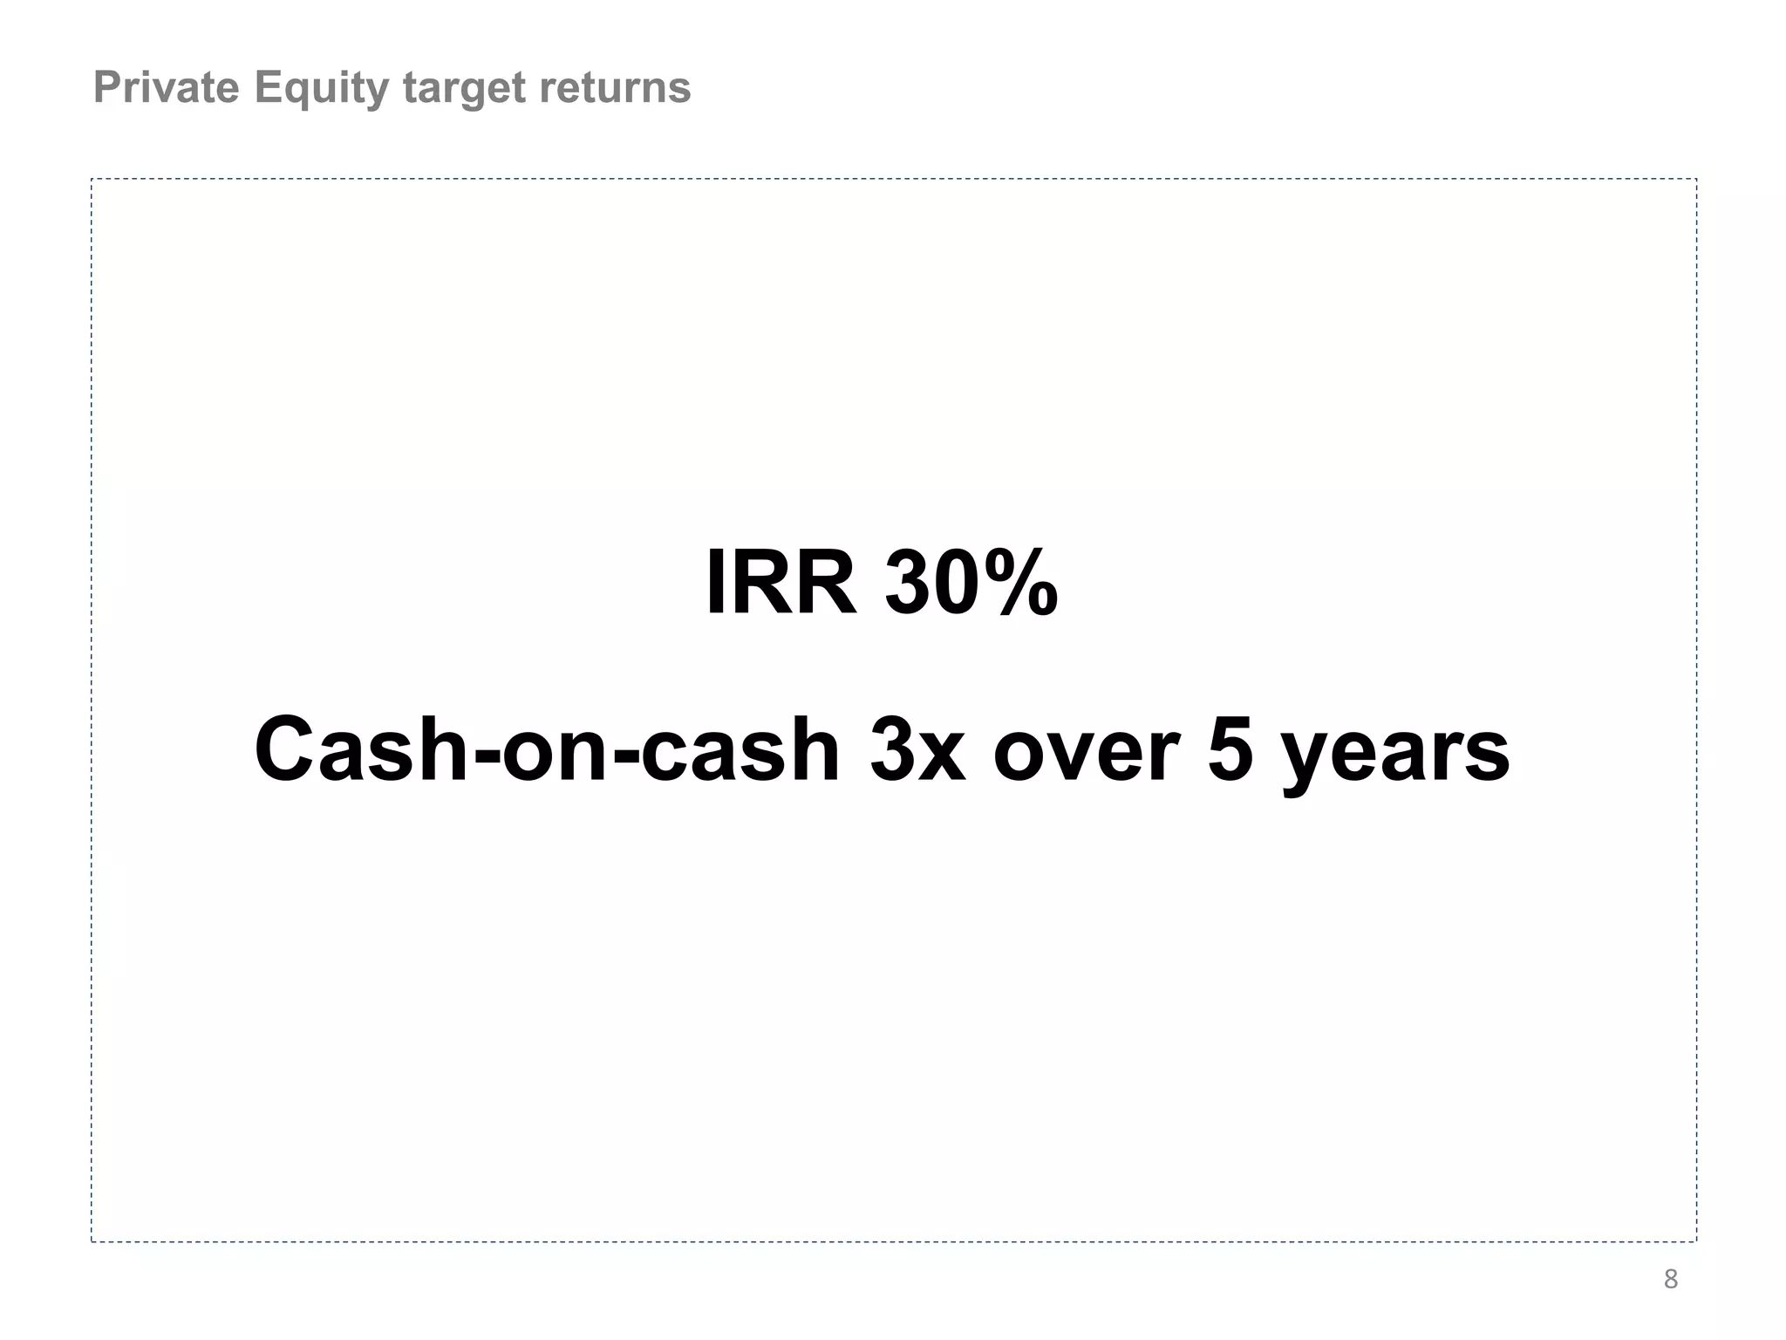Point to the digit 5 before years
[x=1230, y=750]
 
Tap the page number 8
[x=1670, y=1279]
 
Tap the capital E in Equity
[x=267, y=87]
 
